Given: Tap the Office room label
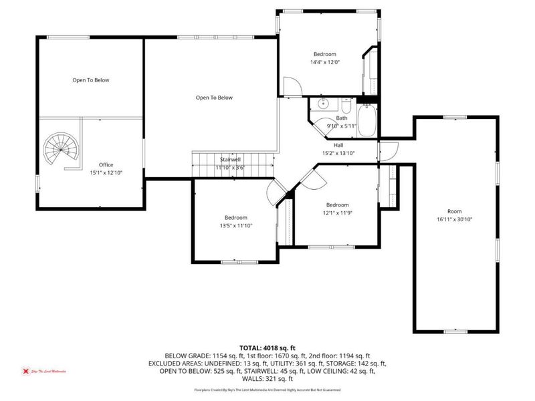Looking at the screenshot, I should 106,164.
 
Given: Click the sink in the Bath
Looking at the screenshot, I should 323,104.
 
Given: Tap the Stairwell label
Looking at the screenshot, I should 230,160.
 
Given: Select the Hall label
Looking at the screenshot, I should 338,145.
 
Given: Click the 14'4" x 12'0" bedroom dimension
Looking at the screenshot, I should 324,63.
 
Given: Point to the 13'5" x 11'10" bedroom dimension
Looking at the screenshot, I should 235,226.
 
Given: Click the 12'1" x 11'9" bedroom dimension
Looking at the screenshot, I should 338,213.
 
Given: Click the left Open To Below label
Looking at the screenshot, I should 90,80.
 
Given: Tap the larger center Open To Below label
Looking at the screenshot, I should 214,98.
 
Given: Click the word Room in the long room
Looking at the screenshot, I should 454,211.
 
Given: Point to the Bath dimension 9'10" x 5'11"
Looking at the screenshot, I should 341,126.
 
